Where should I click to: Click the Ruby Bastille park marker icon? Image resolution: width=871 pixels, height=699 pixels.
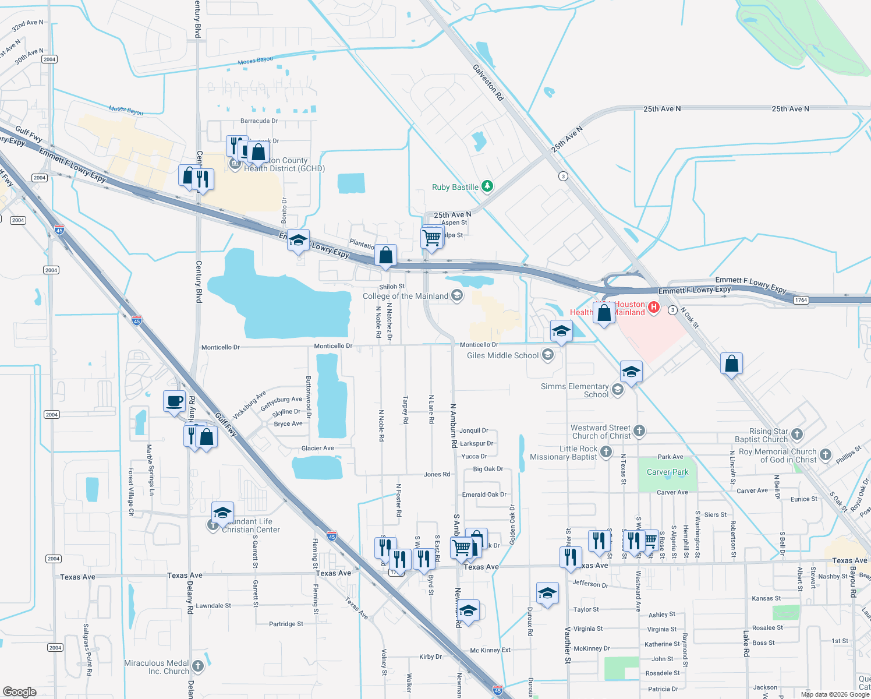click(487, 186)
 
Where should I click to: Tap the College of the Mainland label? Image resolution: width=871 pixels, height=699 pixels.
click(405, 296)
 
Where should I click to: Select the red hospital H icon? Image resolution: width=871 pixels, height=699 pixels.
click(653, 307)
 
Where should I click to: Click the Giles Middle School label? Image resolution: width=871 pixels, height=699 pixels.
click(502, 355)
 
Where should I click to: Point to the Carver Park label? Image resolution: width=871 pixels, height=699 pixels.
click(667, 472)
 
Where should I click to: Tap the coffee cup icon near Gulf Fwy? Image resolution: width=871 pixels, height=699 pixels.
click(174, 401)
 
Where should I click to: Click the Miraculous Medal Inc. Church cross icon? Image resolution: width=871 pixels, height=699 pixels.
click(197, 666)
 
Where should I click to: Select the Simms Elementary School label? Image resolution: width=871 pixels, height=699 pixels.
click(575, 390)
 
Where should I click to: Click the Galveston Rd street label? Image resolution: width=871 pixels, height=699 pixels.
click(488, 82)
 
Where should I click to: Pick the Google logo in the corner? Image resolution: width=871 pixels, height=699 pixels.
click(20, 692)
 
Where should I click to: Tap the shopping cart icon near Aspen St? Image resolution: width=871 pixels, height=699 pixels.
click(431, 237)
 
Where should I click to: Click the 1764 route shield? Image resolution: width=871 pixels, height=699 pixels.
click(801, 300)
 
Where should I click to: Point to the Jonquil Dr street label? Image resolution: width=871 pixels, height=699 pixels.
click(473, 430)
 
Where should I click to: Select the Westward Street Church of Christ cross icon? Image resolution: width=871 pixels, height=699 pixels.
click(639, 431)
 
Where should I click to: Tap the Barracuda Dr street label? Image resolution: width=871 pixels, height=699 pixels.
click(259, 121)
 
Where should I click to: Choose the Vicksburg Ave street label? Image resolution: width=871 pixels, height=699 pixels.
click(249, 404)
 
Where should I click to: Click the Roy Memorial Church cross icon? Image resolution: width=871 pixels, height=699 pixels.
click(825, 454)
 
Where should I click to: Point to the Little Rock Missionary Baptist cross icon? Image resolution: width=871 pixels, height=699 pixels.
click(606, 452)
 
